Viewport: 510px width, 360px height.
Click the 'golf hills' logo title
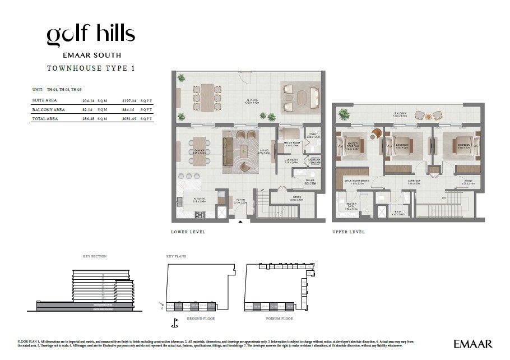click(x=91, y=35)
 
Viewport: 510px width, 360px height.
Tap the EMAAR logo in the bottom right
click(x=473, y=343)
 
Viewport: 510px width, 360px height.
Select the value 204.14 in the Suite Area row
click(x=88, y=100)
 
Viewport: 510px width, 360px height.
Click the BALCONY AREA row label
click(x=48, y=109)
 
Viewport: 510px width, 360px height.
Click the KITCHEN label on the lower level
click(x=200, y=199)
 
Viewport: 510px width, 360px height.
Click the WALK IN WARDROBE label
click(x=356, y=181)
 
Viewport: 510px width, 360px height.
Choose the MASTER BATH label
click(x=352, y=206)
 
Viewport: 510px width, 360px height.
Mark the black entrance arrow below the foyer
click(x=240, y=222)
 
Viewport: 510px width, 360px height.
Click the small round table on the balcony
click(x=429, y=116)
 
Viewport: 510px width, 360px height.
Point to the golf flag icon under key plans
click(x=174, y=322)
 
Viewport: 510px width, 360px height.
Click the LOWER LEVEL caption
click(x=188, y=232)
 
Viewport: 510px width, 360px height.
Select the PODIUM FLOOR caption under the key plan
click(x=280, y=318)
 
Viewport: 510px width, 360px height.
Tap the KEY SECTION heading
click(x=94, y=256)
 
